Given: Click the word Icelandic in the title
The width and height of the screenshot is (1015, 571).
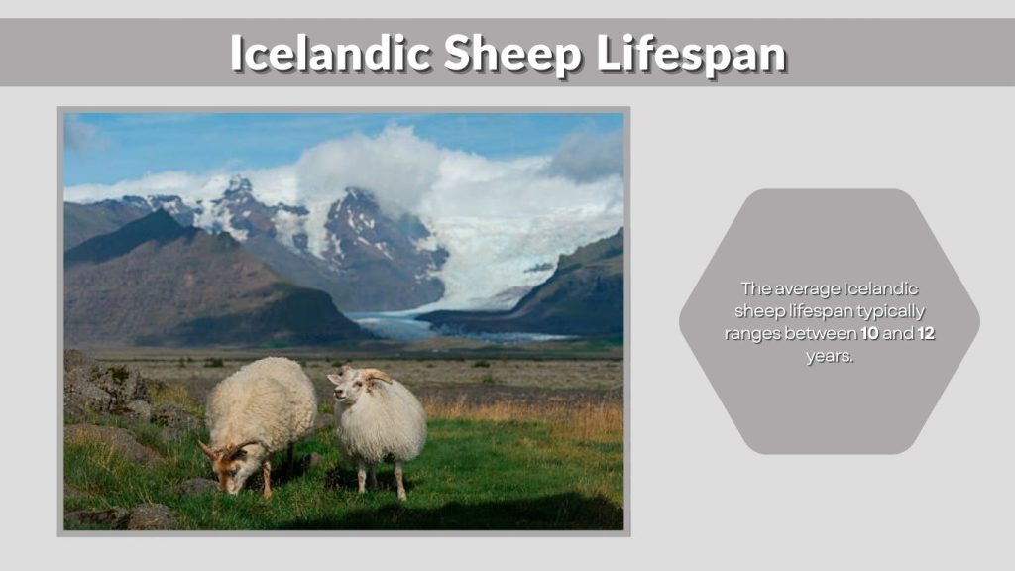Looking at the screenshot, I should tap(330, 54).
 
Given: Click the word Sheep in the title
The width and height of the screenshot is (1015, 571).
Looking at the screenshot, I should tap(513, 54).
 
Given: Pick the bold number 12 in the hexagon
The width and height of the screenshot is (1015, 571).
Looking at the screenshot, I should tap(926, 334).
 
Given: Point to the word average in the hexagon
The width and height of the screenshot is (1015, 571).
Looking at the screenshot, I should tap(806, 288).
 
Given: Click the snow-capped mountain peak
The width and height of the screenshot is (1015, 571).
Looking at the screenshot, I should tap(238, 188).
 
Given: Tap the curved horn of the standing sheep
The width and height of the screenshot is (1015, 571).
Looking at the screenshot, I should tap(375, 376).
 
